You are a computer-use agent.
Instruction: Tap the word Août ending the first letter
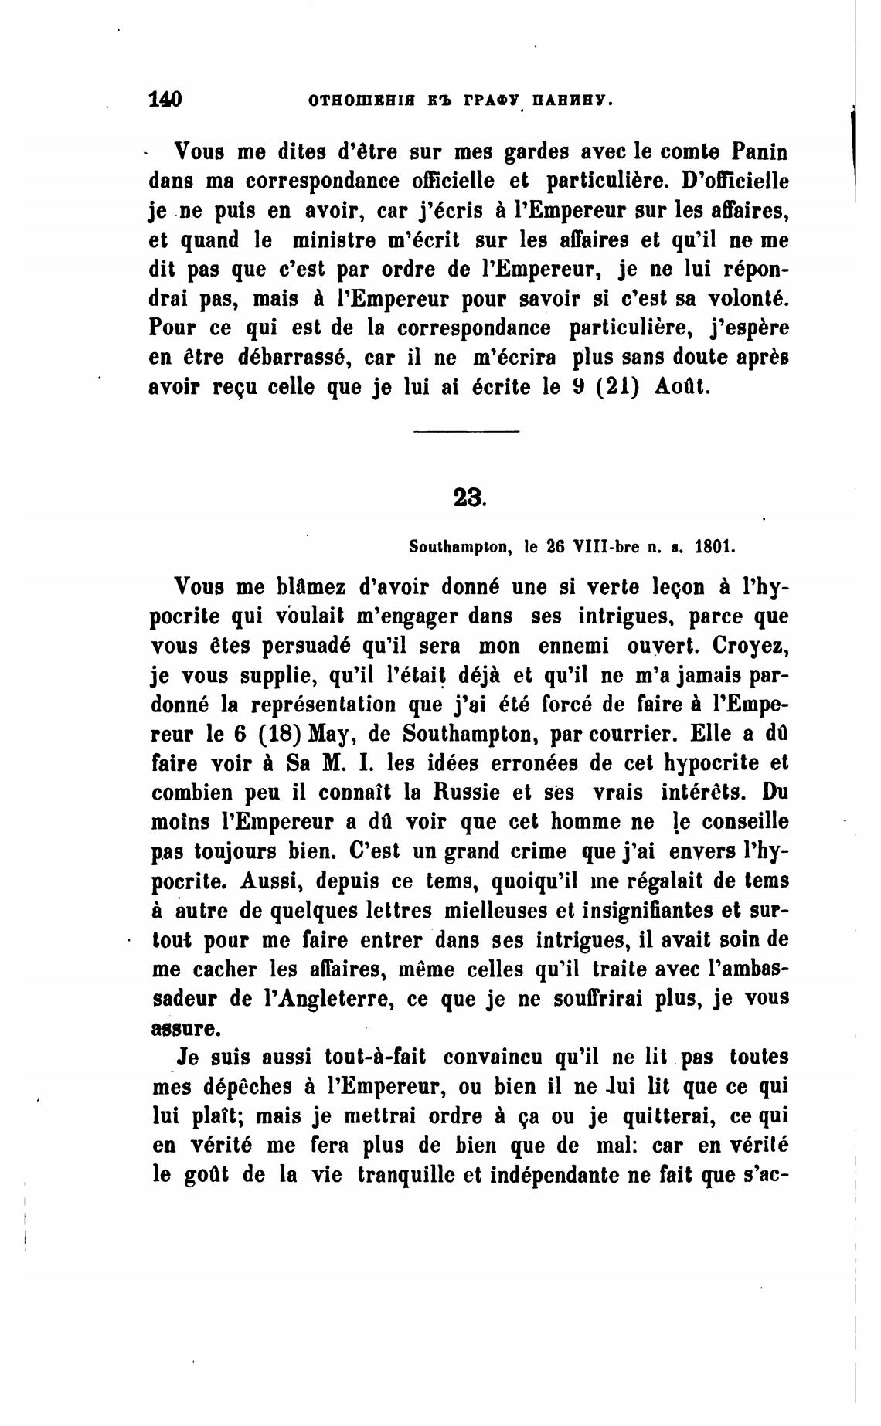pos(682,387)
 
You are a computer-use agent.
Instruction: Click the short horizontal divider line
pos(466,431)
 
